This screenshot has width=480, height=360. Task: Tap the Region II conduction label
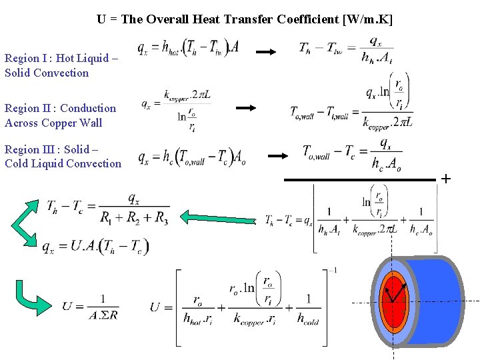60,115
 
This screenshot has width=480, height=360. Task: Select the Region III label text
63,157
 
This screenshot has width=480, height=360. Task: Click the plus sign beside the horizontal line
446,179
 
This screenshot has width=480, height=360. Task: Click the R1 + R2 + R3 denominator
134,217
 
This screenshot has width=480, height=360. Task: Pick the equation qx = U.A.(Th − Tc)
95,247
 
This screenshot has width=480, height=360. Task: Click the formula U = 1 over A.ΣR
90,307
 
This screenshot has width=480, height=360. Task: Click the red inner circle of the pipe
393,300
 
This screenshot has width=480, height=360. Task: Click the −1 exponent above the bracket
334,270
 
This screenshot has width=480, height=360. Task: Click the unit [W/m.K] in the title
367,19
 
